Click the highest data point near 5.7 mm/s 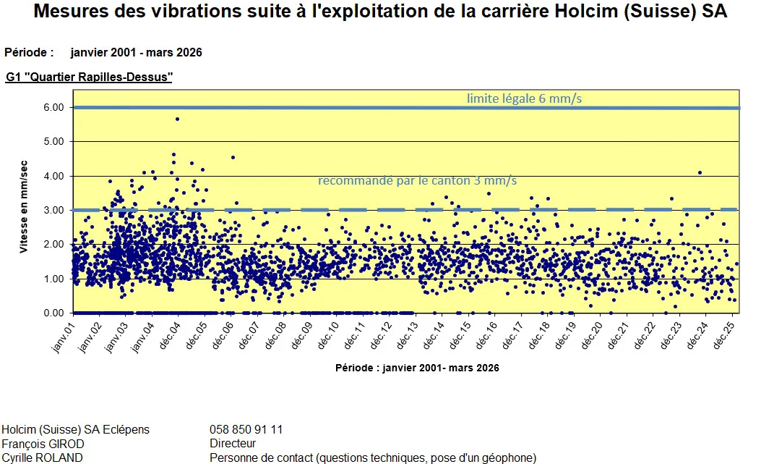(177, 119)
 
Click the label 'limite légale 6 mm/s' (524, 98)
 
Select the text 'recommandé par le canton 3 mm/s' (418, 180)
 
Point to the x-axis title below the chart (417, 368)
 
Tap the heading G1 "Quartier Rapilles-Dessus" (89, 77)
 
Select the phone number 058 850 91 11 (246, 429)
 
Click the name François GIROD (43, 443)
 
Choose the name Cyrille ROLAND (41, 457)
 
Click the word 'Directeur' (233, 443)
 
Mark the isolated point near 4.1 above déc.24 (700, 172)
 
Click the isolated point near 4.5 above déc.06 (233, 157)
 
